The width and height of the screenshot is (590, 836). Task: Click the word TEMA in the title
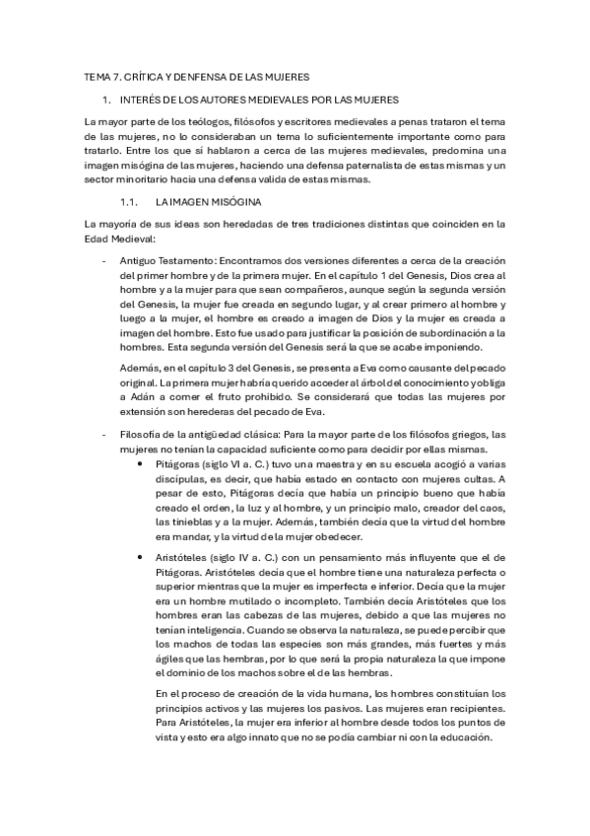[x=97, y=76]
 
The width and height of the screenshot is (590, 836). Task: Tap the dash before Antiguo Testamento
[x=104, y=260]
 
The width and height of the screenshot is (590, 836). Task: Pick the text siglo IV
[x=229, y=559]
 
